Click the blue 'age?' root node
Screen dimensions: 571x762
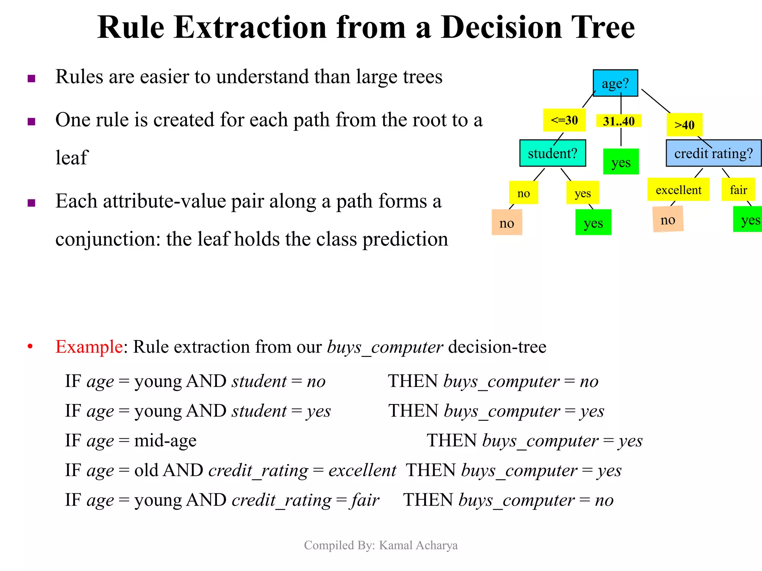615,83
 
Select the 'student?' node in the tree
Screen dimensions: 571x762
553,153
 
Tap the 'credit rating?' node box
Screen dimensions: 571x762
713,153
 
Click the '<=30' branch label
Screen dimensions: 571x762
564,120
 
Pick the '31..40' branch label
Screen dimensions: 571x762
618,121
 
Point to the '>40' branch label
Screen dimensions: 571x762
684,125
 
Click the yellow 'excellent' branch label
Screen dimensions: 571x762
678,190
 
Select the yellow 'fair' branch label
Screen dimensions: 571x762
738,190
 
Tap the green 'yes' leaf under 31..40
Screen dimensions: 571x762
621,162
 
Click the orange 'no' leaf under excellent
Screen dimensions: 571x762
668,220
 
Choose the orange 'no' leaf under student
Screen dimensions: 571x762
506,223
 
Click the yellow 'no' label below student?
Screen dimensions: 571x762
524,193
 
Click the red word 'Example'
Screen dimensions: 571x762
89,346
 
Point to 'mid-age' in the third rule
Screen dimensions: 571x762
165,441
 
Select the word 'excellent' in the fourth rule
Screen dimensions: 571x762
362,470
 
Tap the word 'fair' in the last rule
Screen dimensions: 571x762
365,500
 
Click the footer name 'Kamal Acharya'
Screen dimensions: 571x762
418,545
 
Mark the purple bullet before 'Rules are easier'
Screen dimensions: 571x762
32,78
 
